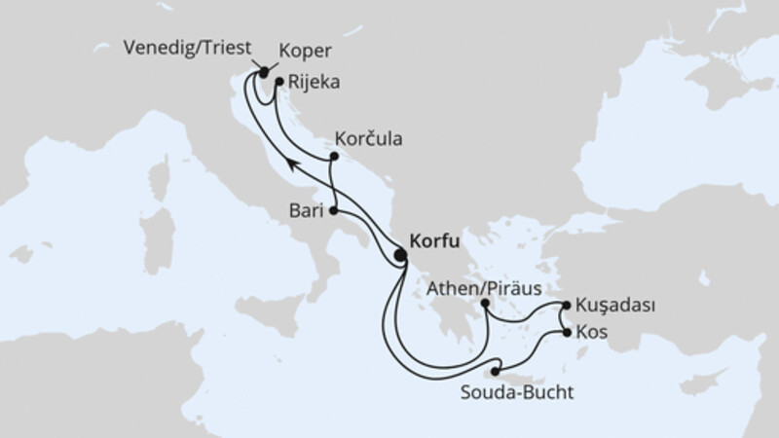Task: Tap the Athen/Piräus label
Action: [x=483, y=289]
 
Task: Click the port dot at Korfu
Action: [x=400, y=256]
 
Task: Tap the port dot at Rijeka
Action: [x=278, y=84]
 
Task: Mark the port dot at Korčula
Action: [x=334, y=157]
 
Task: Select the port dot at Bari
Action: [x=334, y=210]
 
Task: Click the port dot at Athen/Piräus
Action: [x=485, y=305]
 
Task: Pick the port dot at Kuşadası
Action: [x=565, y=307]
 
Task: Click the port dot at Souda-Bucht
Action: [x=496, y=371]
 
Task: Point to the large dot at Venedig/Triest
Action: [x=263, y=71]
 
